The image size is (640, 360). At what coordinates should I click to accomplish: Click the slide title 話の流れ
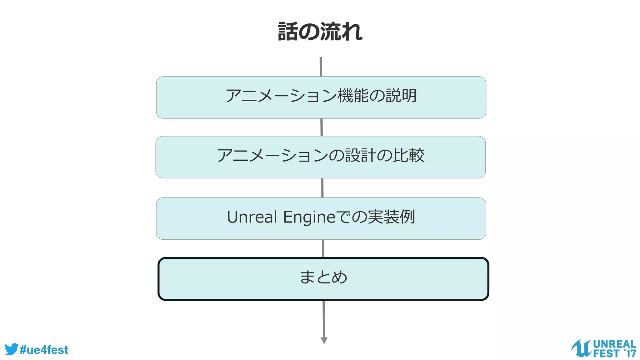click(320, 32)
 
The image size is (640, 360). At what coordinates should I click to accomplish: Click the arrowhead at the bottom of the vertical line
click(324, 340)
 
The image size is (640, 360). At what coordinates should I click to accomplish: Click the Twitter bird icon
click(11, 349)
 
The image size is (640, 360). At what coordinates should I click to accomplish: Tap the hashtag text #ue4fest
click(44, 350)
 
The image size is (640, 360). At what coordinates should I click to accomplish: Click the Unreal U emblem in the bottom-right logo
click(581, 348)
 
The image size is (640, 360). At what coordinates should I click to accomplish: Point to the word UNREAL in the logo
click(614, 344)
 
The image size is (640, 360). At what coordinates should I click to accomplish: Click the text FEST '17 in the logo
click(614, 353)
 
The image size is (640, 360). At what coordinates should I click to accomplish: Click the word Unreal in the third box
click(252, 217)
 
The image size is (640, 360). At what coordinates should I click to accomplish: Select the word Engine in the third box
click(309, 217)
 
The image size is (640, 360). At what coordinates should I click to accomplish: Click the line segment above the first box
click(321, 67)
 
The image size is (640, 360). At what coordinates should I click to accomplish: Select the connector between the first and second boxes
click(322, 127)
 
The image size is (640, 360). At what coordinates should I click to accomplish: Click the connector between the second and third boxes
click(322, 188)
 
